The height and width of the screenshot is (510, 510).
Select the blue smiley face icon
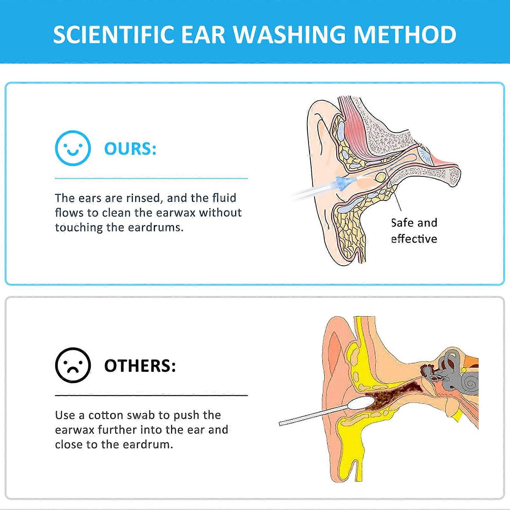(x=73, y=148)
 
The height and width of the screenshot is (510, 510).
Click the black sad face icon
(x=73, y=365)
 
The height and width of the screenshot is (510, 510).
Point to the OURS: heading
(x=130, y=149)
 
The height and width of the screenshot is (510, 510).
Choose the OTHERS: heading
(x=140, y=366)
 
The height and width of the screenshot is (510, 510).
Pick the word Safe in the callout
(x=402, y=223)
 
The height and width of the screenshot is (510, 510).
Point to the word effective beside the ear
(x=414, y=239)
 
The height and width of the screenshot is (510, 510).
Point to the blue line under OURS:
(x=151, y=179)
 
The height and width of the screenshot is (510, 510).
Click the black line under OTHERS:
(x=151, y=396)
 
